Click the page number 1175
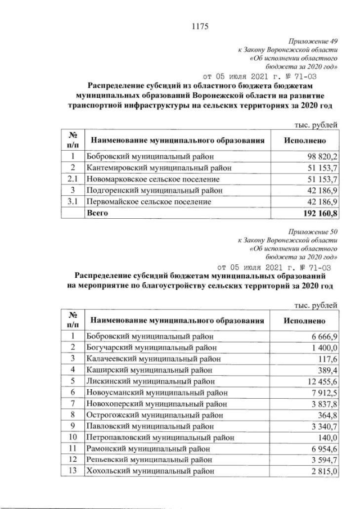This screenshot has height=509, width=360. tap(200, 24)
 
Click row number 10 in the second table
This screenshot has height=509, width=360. tap(72, 437)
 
